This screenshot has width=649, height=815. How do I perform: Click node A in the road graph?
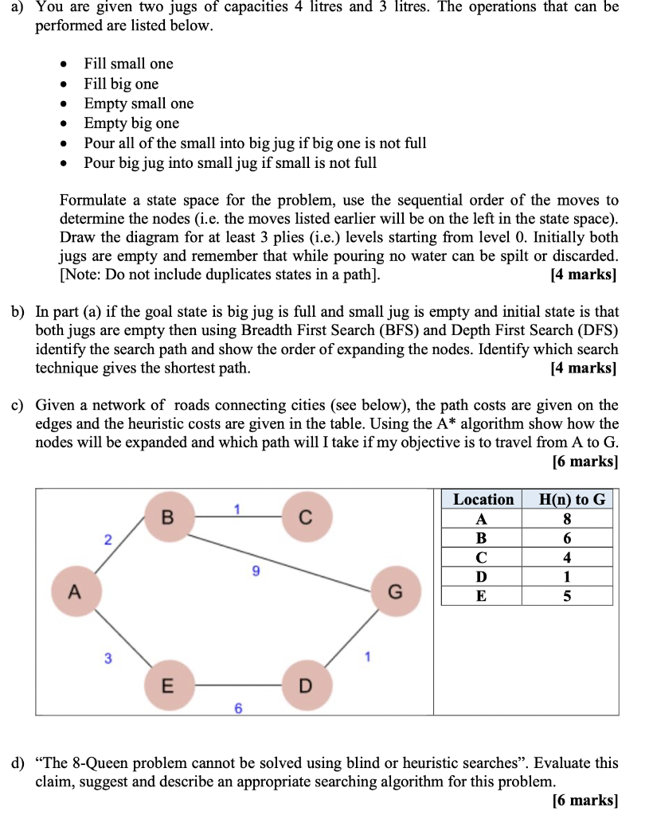pos(75,592)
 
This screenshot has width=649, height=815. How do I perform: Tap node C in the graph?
pos(305,517)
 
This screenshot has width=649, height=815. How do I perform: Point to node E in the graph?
pos(167,685)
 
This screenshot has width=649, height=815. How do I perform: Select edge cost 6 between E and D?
pos(237,708)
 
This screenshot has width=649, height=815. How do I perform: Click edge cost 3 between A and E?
pos(108,658)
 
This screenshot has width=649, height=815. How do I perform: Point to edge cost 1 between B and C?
pos(237,508)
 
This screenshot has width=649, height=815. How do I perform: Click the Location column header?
pos(483,500)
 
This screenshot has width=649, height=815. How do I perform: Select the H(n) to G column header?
pos(572,500)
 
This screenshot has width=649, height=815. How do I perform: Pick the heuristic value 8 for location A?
pos(567,519)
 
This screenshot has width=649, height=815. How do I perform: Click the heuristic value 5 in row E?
pos(567,595)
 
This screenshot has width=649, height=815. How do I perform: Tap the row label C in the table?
pos(481,557)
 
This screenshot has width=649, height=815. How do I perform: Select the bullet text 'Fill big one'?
pos(121,84)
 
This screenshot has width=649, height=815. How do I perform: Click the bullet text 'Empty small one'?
pos(139,103)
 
